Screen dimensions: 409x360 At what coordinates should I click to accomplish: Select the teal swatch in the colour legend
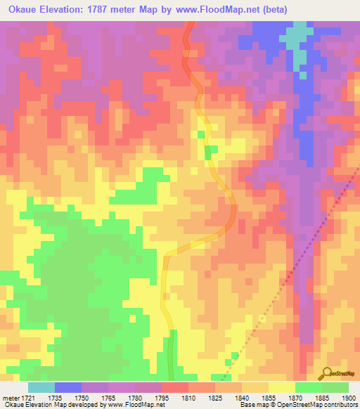41,387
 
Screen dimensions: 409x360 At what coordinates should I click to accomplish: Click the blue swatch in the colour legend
68,387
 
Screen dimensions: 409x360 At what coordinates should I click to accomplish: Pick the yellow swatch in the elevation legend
281,387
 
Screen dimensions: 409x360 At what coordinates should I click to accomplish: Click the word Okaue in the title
26,10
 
